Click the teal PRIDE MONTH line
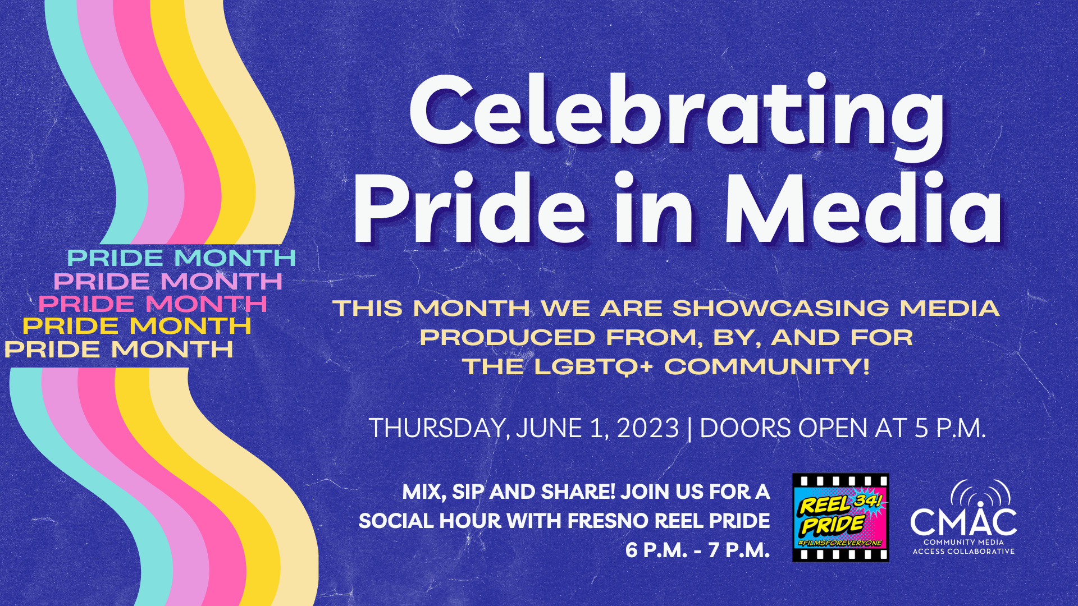pos(181,258)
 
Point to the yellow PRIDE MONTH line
pos(137,326)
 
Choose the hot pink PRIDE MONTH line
pos(153,304)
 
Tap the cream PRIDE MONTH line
pos(118,350)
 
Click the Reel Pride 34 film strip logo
pos(841,517)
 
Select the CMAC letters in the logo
pos(963,521)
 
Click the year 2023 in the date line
pos(648,429)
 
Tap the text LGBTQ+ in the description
pos(593,367)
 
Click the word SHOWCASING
pos(781,308)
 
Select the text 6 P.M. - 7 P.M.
pos(698,550)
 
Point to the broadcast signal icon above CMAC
pos(980,492)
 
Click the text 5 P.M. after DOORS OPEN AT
pos(950,429)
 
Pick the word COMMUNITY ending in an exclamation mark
pos(767,367)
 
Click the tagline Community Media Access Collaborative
pos(963,547)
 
